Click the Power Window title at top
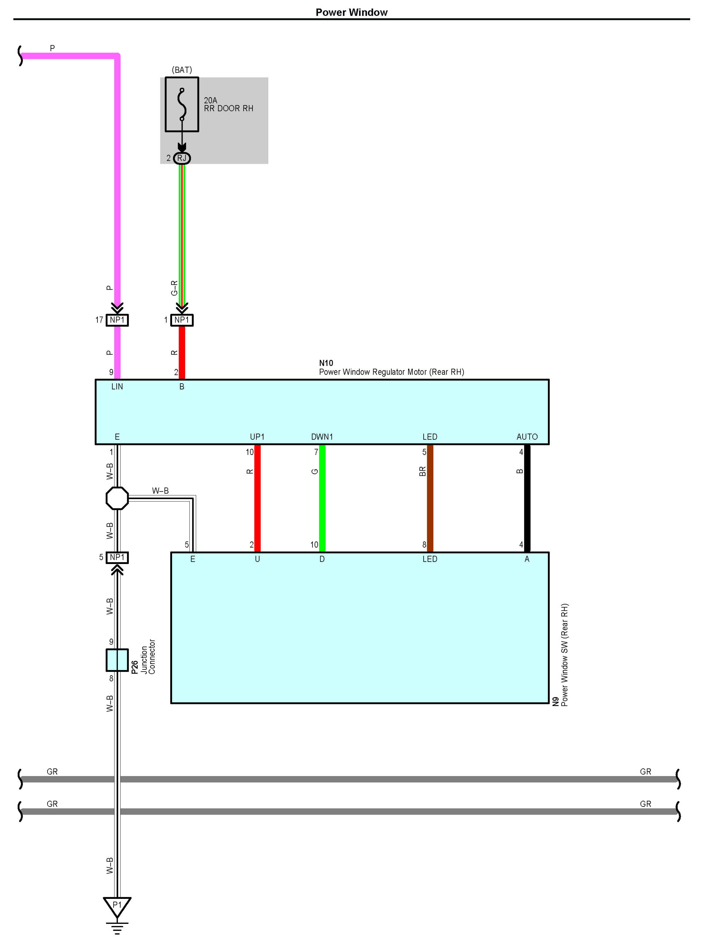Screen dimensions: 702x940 click(351, 12)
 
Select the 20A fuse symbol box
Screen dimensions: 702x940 click(182, 104)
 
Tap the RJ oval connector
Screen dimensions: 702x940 click(182, 158)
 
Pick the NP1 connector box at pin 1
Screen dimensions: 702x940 click(182, 320)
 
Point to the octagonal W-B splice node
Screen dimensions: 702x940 click(117, 498)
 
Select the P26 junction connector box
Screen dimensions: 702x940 click(117, 660)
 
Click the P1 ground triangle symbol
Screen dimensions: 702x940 click(117, 906)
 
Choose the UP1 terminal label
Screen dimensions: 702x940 click(257, 437)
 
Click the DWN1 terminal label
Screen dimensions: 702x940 click(322, 437)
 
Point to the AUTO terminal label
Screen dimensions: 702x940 click(527, 437)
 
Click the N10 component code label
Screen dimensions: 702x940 click(326, 363)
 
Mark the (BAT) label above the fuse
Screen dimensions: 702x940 click(182, 70)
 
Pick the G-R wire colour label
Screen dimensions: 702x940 click(174, 288)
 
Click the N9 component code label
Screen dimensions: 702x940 click(556, 701)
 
